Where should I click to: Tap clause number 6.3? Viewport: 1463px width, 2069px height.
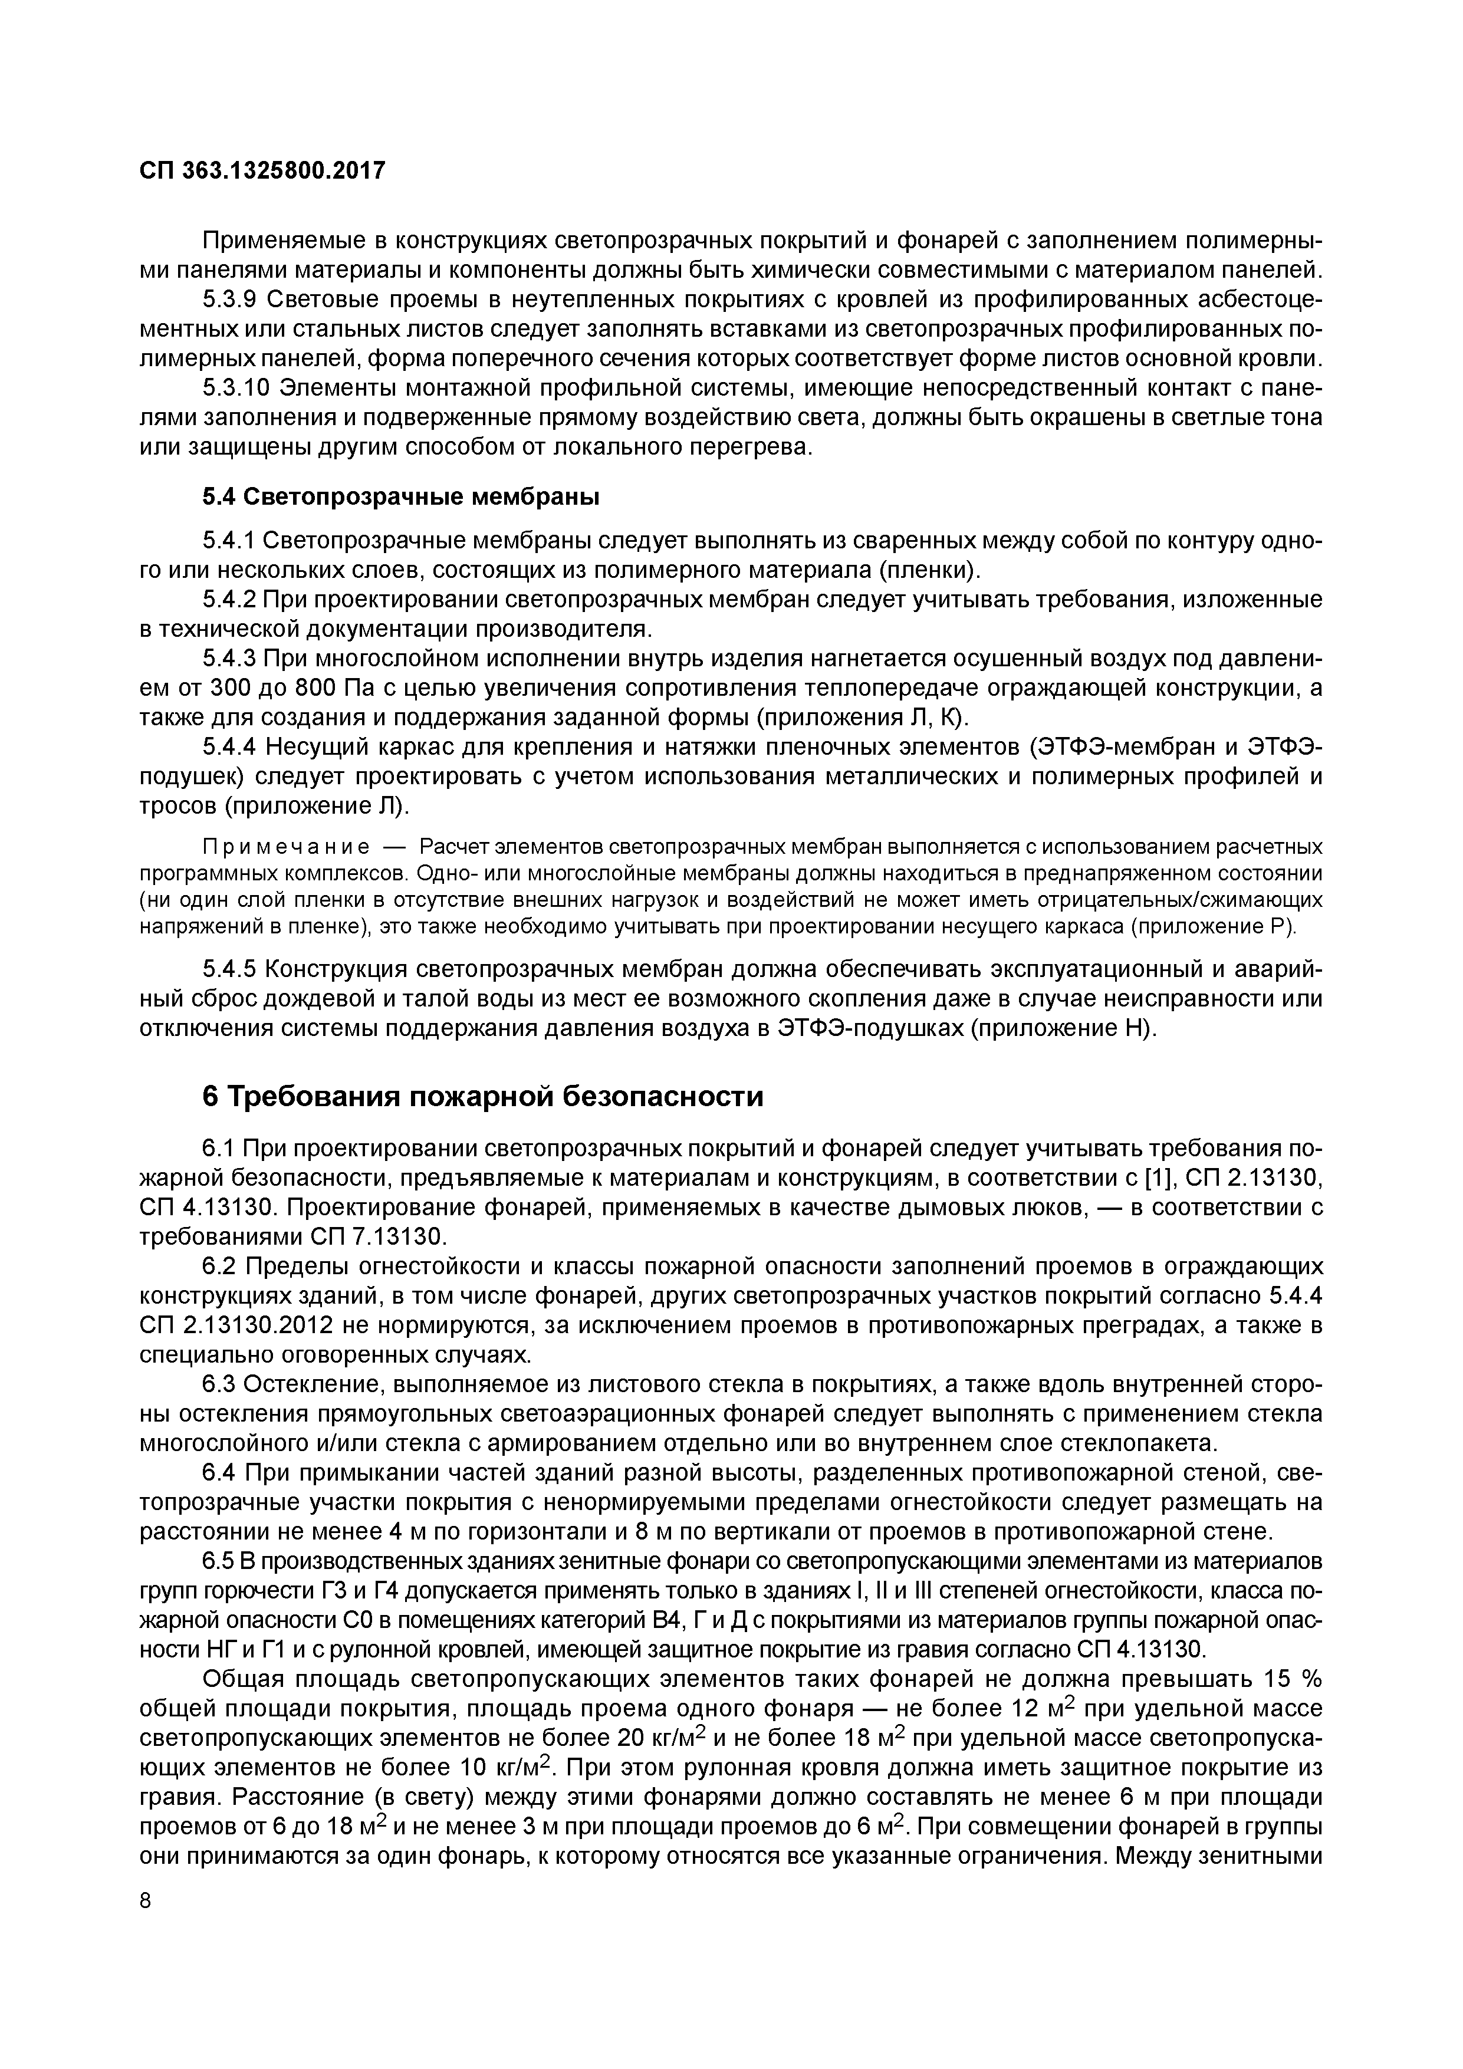[219, 1384]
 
